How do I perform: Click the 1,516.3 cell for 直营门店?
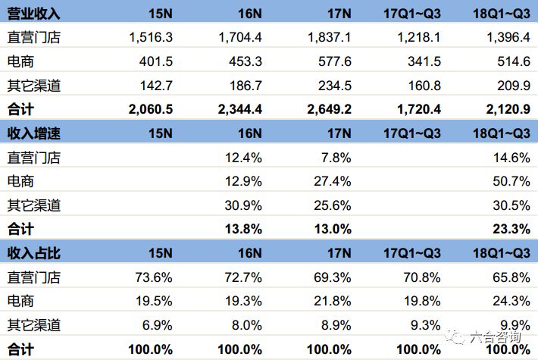point(151,36)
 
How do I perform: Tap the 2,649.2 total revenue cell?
point(327,108)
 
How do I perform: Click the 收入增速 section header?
point(33,133)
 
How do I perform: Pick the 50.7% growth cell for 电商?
point(511,181)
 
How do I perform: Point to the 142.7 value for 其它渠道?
point(156,85)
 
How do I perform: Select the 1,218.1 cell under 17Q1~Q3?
point(417,36)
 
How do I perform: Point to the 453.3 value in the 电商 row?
point(245,61)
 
